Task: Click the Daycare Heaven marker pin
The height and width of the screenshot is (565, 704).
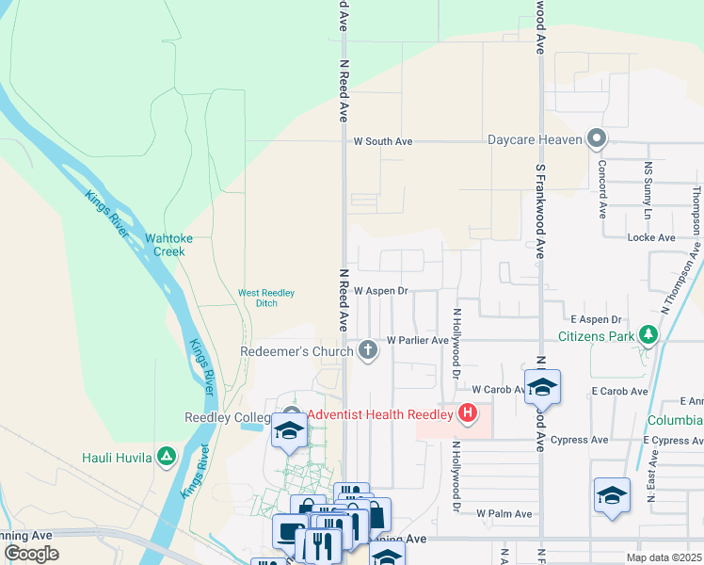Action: tap(596, 139)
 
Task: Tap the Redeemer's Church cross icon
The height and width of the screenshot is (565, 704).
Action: tap(368, 351)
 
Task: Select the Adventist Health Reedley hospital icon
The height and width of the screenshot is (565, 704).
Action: tap(466, 413)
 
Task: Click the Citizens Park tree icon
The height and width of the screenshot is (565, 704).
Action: tap(648, 335)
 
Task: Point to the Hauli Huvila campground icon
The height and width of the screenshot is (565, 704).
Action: tap(167, 457)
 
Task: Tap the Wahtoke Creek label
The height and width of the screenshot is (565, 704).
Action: tap(169, 245)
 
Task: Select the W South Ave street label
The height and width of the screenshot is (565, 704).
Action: tap(383, 141)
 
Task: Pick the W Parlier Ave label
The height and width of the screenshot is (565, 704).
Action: tap(418, 340)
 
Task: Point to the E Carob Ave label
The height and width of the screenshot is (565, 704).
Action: tap(619, 391)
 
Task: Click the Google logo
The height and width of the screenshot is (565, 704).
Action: tap(31, 553)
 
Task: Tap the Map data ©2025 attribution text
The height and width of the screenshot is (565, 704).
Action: tap(664, 557)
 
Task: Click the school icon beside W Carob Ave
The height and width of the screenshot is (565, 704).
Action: tap(542, 386)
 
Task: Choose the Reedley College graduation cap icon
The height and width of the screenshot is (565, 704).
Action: tap(289, 431)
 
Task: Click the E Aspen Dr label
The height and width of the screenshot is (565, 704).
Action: tap(597, 321)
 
